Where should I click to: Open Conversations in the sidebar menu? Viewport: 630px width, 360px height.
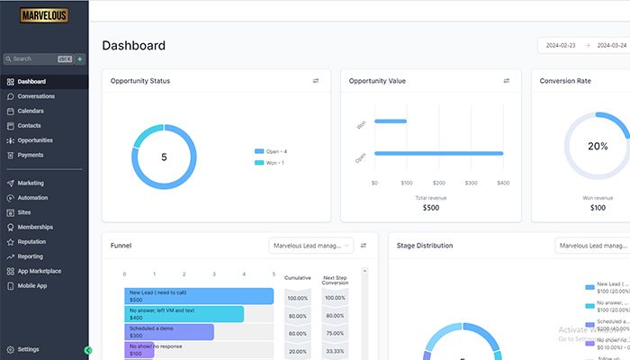coord(36,96)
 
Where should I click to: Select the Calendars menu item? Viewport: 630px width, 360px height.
coord(31,111)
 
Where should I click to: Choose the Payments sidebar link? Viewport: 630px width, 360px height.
coord(31,155)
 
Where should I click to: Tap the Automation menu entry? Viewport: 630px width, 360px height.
coord(32,197)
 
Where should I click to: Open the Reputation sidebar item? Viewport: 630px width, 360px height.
coord(31,241)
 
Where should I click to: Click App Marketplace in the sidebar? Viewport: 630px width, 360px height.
coord(40,271)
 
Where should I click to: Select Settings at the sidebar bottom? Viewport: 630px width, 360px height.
coord(28,349)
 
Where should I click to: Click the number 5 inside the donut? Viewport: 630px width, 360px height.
coord(164,157)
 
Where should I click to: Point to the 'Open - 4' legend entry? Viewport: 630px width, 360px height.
coord(275,151)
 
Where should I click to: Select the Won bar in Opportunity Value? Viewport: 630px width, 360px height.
coord(391,121)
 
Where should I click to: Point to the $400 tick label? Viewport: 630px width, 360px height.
coord(503,183)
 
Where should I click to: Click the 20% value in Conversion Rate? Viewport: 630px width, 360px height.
coord(598,146)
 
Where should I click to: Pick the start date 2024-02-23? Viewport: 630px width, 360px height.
coord(561,46)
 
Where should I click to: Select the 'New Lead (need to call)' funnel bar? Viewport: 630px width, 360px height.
coord(198,296)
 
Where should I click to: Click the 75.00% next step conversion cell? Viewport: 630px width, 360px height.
coord(335,333)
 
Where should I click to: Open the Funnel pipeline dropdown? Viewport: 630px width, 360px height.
coord(310,245)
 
